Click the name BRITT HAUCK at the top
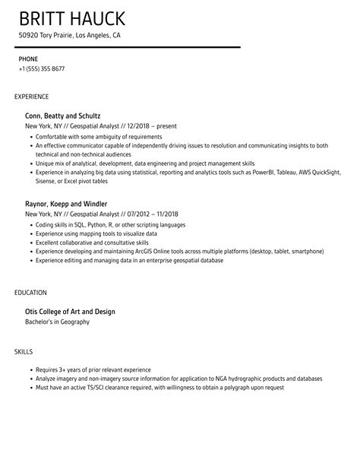coord(72,18)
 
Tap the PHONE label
coord(28,58)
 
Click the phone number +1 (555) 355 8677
coord(41,68)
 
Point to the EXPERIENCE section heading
coord(31,97)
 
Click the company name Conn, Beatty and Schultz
coord(62,116)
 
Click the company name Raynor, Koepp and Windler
coord(65,204)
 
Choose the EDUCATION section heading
coord(30,292)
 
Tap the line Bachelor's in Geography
coord(57,322)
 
